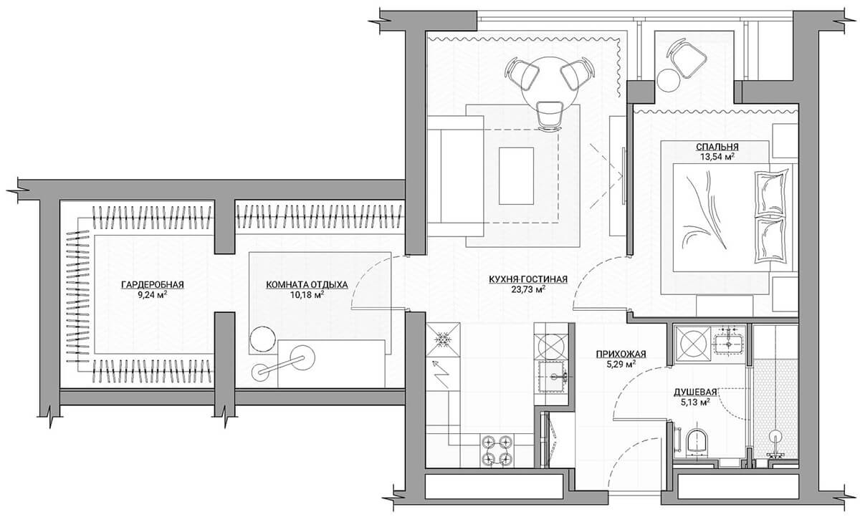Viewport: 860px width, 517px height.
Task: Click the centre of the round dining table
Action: pos(550,84)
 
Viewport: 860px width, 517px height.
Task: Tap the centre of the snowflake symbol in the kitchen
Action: pos(443,339)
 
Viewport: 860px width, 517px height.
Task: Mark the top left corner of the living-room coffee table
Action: pos(499,148)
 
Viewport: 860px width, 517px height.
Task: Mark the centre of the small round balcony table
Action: pos(668,79)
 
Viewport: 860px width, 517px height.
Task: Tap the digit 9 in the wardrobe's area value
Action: pos(140,295)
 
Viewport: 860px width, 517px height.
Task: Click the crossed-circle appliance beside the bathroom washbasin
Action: pos(692,344)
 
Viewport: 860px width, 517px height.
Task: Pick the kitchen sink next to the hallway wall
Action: pos(553,377)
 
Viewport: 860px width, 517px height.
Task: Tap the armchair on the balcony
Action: pos(687,59)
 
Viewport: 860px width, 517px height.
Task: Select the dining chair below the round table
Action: pos(549,115)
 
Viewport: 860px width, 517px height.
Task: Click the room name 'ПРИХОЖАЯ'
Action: pos(621,354)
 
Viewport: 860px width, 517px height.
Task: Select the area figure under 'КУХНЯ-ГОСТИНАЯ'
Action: pos(528,289)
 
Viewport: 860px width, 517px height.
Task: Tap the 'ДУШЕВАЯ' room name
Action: pos(695,392)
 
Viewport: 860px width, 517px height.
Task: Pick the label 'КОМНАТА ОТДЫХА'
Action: pos(307,284)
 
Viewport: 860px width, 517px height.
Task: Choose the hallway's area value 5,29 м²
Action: pos(621,364)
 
